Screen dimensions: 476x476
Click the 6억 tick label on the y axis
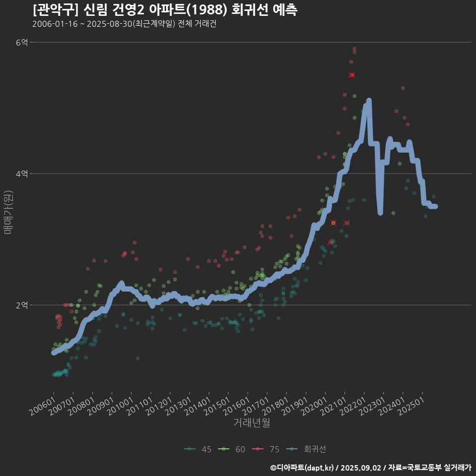point(22,43)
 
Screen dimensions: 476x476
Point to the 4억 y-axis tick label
point(22,174)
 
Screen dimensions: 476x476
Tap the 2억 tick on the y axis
point(22,305)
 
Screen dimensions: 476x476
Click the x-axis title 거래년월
point(251,423)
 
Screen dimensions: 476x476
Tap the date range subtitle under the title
point(124,24)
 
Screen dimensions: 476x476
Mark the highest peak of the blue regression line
point(369,101)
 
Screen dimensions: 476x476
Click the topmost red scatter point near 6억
point(354,49)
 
